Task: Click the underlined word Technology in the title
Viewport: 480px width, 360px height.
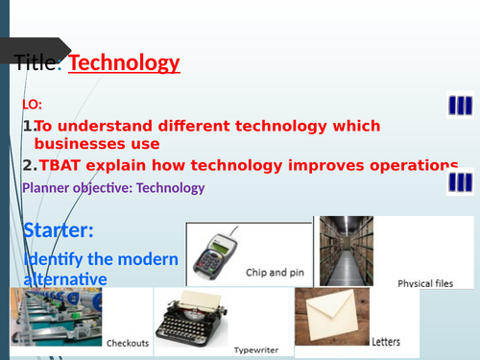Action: point(125,64)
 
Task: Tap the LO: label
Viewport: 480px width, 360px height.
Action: point(32,104)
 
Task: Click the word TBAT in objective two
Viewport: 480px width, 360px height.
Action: point(61,165)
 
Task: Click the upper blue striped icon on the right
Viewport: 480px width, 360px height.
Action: point(460,104)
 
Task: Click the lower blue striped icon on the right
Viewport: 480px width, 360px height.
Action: point(460,180)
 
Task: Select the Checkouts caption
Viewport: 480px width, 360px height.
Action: point(127,340)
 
